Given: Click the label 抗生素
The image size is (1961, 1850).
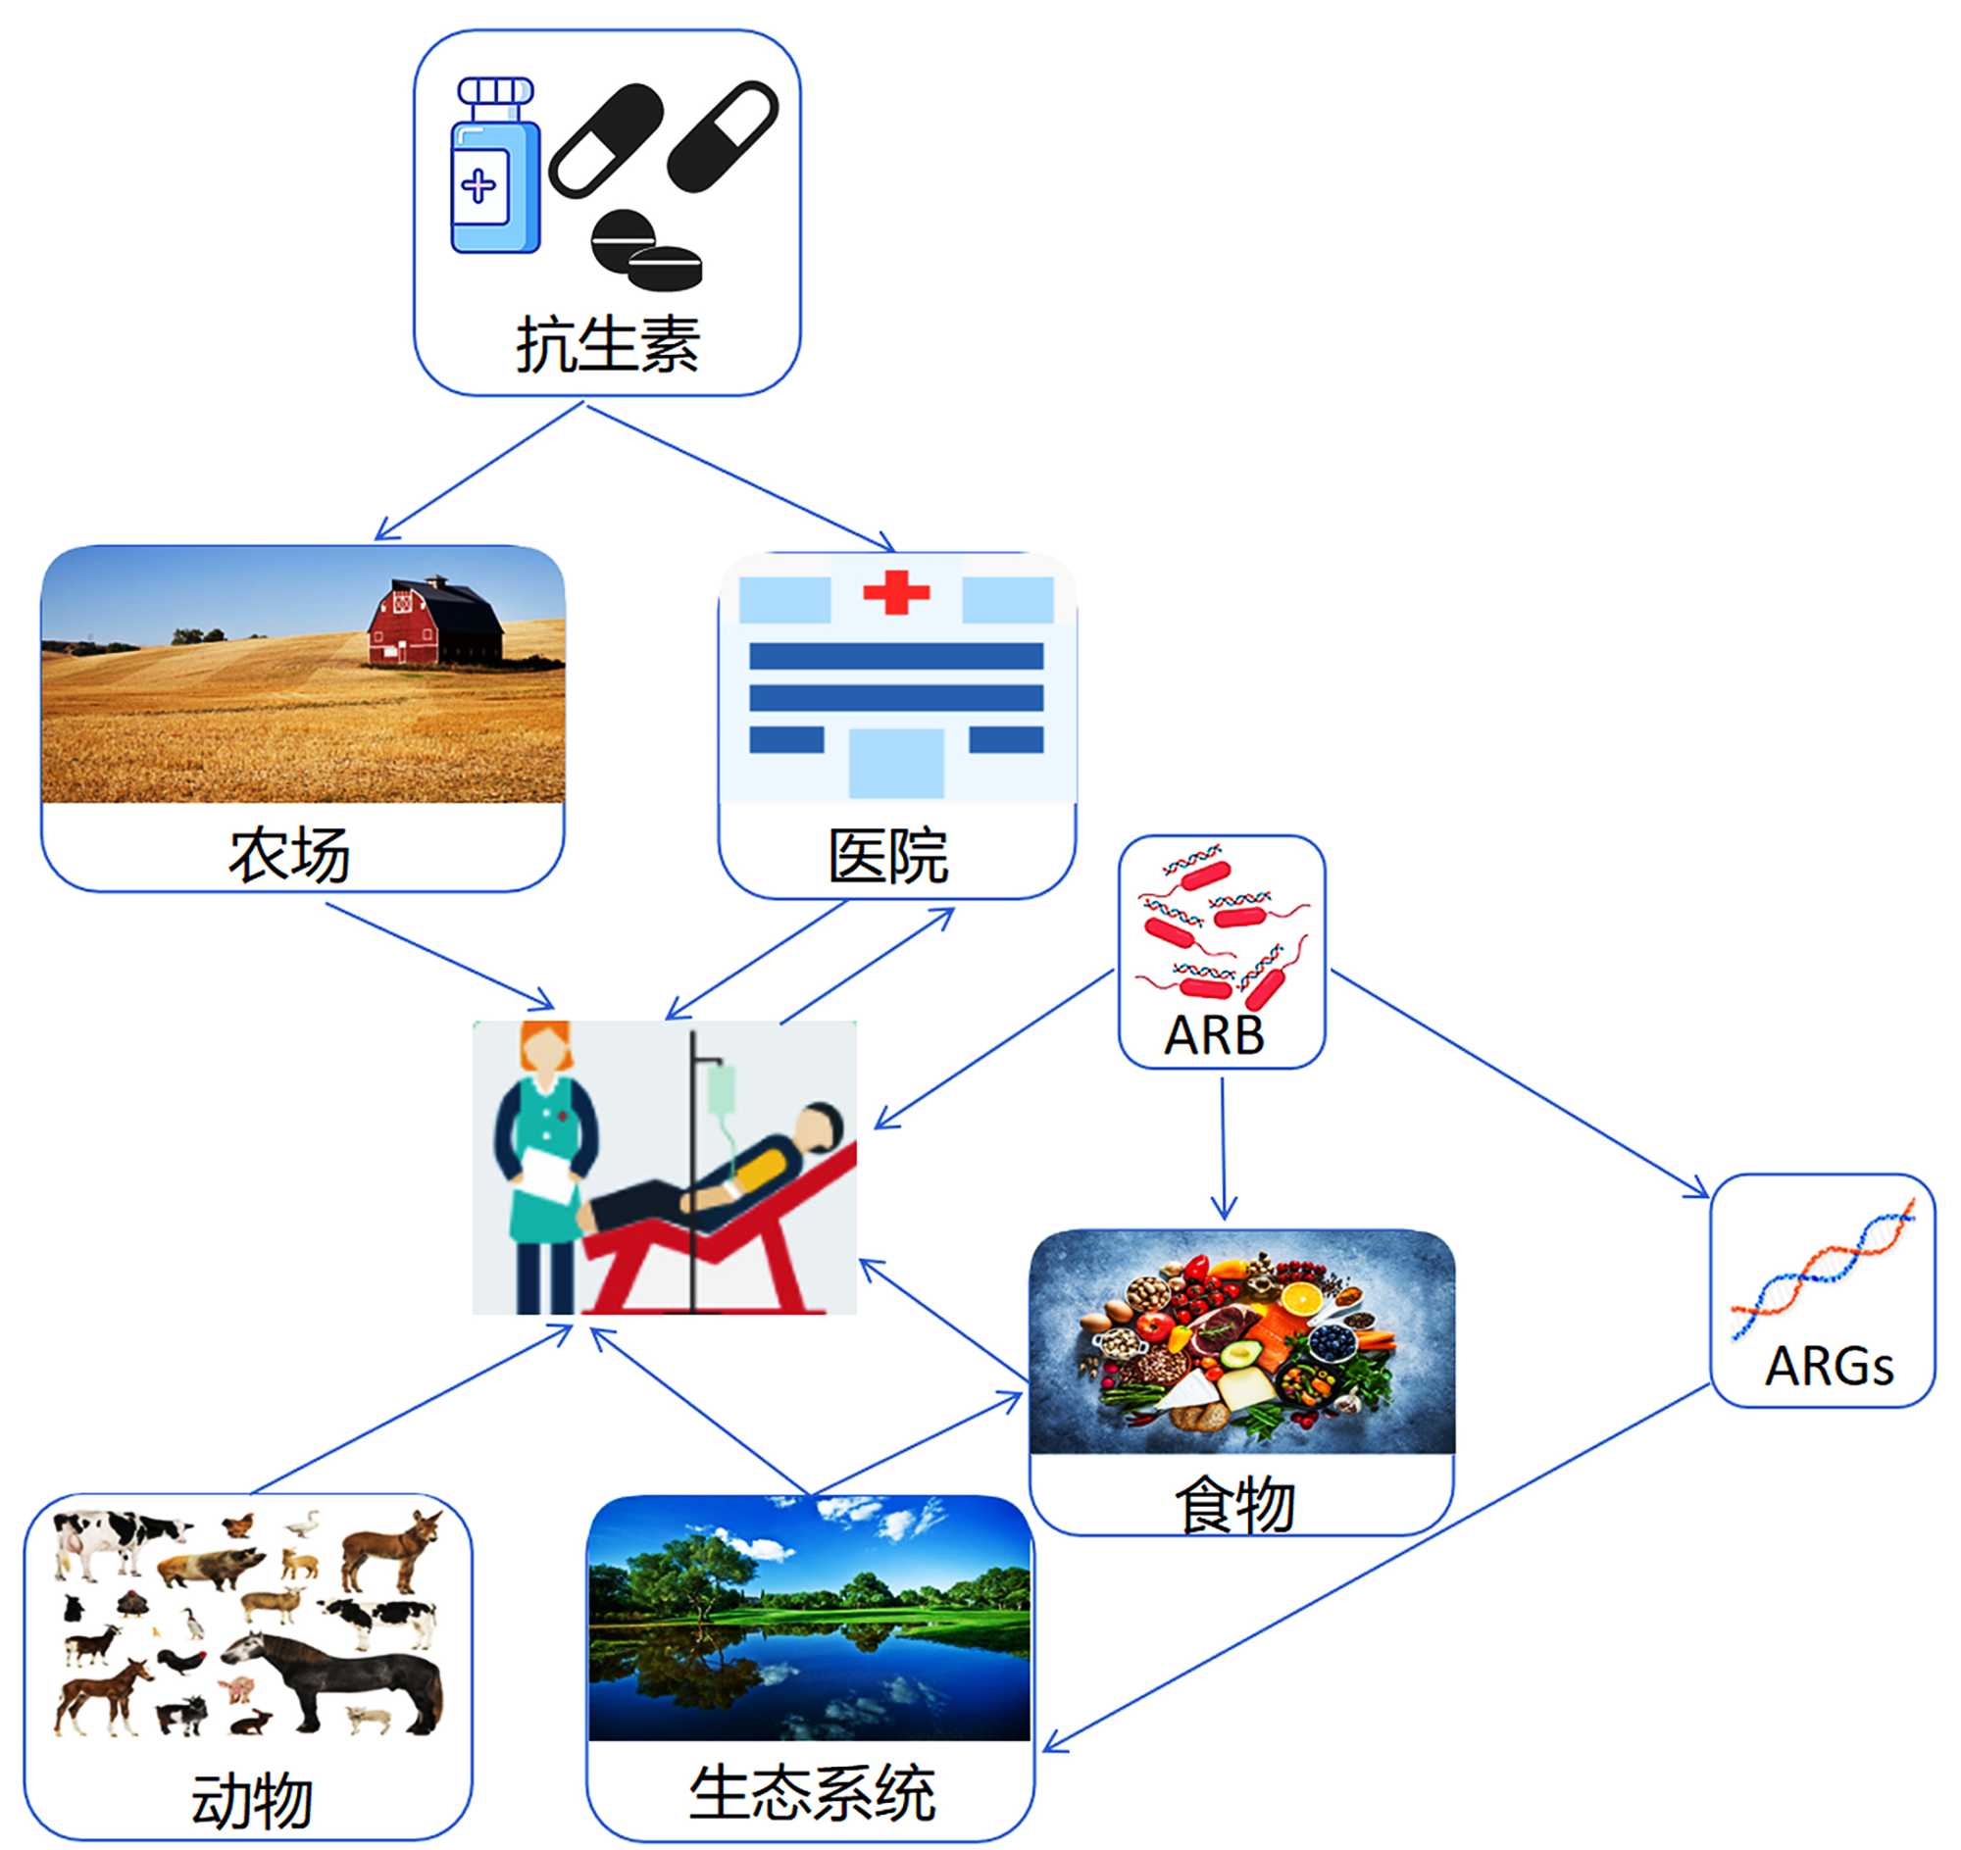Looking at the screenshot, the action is point(608,345).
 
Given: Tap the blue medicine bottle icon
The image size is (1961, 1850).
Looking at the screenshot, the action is point(495,166).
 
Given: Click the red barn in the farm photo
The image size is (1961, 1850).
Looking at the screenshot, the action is point(435,622).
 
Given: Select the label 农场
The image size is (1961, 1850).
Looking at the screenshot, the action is point(289,854).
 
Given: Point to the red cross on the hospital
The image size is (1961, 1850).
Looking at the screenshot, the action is point(895,592).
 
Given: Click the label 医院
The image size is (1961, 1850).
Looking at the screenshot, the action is point(887,856).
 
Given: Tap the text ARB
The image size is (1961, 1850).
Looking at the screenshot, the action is point(1214,1035).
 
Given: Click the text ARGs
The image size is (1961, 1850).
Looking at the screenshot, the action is point(1830,1367).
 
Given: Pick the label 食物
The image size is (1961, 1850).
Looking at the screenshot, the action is point(1234,1505).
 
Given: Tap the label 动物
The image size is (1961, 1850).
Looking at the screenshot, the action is point(252,1801).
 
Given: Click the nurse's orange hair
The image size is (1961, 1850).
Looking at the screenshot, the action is point(545,1045).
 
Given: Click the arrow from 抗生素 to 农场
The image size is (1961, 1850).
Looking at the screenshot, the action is point(479,472).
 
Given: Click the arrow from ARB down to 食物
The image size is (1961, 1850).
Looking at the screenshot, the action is point(1223,1149).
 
